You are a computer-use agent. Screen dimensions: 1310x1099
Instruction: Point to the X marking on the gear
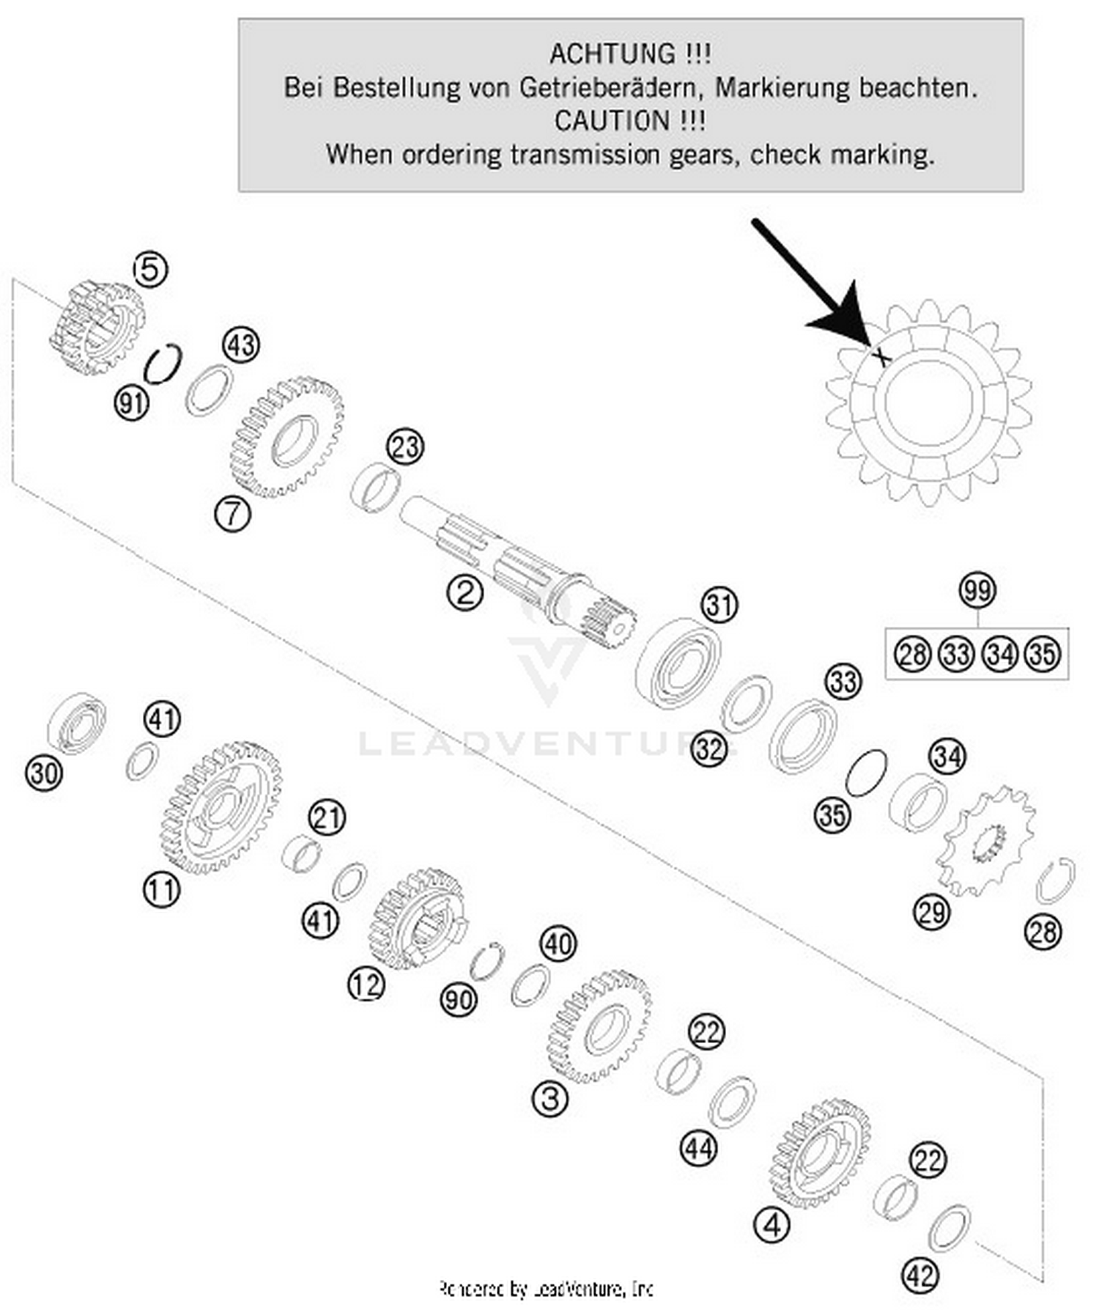881,357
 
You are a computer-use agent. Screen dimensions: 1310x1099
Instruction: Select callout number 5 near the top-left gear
150,270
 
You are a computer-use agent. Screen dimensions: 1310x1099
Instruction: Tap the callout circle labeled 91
132,402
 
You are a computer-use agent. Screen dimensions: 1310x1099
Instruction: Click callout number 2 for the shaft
465,592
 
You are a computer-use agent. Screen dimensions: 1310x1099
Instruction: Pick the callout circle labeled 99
977,590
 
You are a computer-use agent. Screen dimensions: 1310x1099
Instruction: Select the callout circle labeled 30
44,773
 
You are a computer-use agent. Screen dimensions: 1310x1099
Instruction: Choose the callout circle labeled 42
920,1276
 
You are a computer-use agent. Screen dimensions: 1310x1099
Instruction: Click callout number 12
366,985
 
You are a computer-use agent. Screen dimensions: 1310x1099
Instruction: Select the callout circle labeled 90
459,999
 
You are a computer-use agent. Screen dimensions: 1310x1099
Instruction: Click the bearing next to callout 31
678,663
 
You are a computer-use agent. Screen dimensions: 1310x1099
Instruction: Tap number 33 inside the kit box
956,654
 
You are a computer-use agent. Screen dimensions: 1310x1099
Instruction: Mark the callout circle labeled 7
232,513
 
